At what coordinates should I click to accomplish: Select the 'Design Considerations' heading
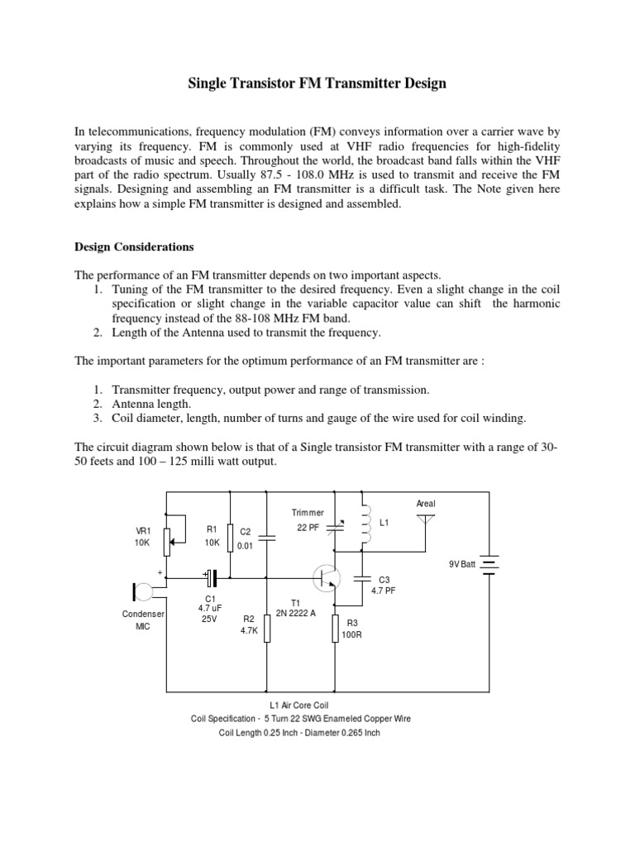134,246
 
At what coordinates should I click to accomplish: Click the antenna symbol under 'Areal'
426,522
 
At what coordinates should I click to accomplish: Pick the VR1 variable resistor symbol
169,541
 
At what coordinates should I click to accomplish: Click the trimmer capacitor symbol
335,527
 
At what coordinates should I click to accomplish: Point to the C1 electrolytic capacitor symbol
210,577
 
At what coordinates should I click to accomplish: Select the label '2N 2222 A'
296,613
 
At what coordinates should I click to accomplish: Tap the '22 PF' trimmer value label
308,528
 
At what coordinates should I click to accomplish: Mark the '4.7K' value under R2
249,629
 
